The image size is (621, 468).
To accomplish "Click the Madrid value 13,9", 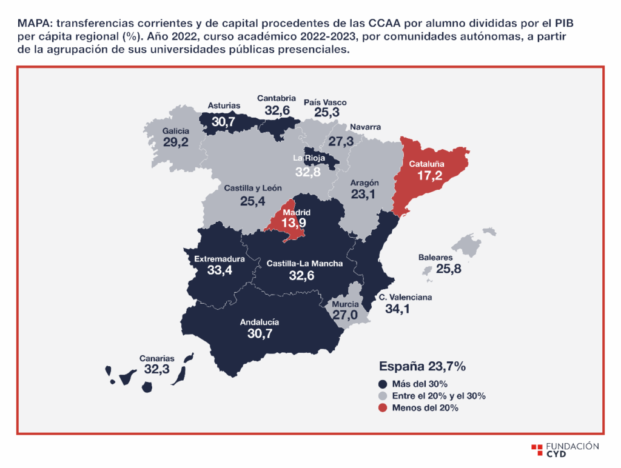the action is pos(294,223).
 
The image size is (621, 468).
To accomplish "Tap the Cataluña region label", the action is pos(426,164).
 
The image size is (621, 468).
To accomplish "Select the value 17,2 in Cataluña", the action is pos(430,175).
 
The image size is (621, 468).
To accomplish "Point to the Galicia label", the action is pos(176,131).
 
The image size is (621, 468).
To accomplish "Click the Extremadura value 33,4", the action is pos(220,270).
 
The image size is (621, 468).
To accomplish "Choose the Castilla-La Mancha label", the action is pos(304,264).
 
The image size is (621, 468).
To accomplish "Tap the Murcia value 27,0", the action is pos(345,315).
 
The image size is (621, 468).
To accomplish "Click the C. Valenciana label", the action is pos(406,298).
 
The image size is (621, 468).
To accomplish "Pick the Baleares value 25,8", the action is pos(449,269).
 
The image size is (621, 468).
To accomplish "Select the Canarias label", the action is pos(157,358).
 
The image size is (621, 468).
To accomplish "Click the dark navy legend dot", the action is pos(383,384).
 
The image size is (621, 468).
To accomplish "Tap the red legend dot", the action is pos(383,408).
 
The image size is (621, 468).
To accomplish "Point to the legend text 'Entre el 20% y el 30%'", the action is pos(439,396).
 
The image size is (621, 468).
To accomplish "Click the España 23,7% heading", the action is pos(422,366).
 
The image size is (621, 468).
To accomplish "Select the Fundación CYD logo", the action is pos(565,450).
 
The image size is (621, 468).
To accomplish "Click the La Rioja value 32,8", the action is pos(307,172).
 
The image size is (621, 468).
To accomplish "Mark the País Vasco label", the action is pos(325,102).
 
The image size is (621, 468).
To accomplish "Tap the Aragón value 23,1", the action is pos(363,195).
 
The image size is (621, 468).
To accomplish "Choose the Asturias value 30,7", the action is pos(223,122).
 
